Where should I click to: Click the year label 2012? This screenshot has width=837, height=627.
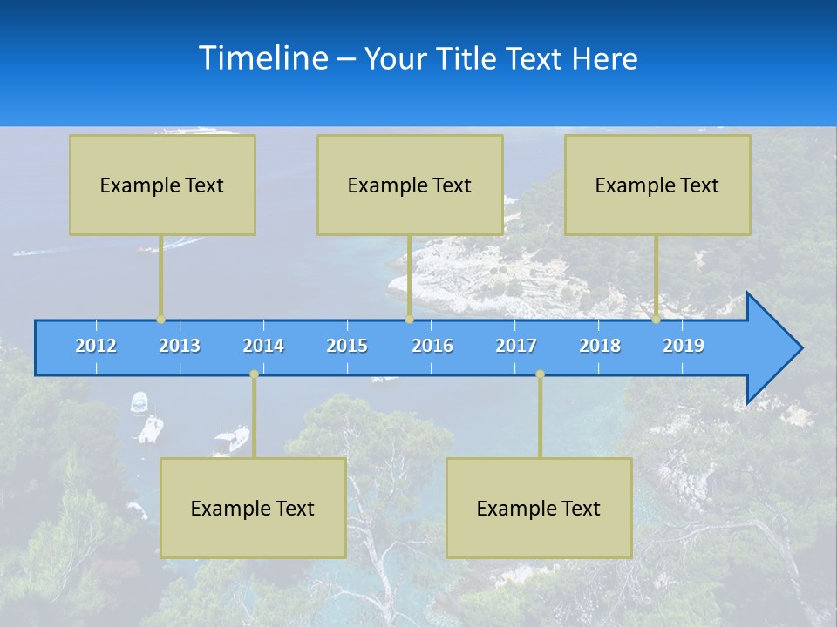(x=96, y=346)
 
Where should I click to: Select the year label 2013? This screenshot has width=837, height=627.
(x=180, y=346)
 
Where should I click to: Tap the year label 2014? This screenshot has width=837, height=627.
(x=263, y=346)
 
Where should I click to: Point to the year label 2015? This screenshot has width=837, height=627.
(x=347, y=346)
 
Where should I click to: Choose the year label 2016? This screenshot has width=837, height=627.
(x=432, y=346)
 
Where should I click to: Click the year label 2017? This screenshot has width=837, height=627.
(x=516, y=346)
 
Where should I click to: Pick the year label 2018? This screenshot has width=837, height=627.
(x=600, y=346)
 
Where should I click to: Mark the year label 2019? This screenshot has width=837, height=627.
(x=684, y=346)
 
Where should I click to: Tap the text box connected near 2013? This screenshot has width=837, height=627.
(x=162, y=185)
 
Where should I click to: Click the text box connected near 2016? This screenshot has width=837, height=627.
(x=410, y=185)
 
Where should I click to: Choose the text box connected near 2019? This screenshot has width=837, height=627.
(x=657, y=185)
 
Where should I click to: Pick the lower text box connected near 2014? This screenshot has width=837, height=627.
(x=253, y=508)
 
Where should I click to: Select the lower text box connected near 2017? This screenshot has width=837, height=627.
(x=539, y=508)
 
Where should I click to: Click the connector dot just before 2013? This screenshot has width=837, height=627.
(x=161, y=320)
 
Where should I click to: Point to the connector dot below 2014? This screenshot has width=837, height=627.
(x=254, y=374)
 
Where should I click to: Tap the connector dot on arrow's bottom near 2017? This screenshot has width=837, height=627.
(x=540, y=374)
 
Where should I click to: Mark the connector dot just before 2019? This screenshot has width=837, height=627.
(x=657, y=320)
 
